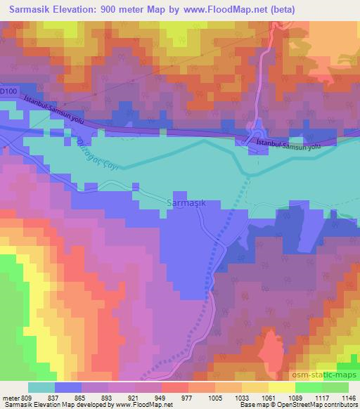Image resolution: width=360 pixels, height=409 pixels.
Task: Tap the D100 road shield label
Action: click(8, 91)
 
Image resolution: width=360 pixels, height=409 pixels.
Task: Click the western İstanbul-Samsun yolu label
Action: click(55, 113)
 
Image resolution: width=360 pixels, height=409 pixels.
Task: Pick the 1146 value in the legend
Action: click(347, 397)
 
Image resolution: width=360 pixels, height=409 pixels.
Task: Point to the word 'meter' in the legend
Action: click(10, 397)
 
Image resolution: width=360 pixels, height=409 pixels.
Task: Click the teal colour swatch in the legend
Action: click(41, 387)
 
